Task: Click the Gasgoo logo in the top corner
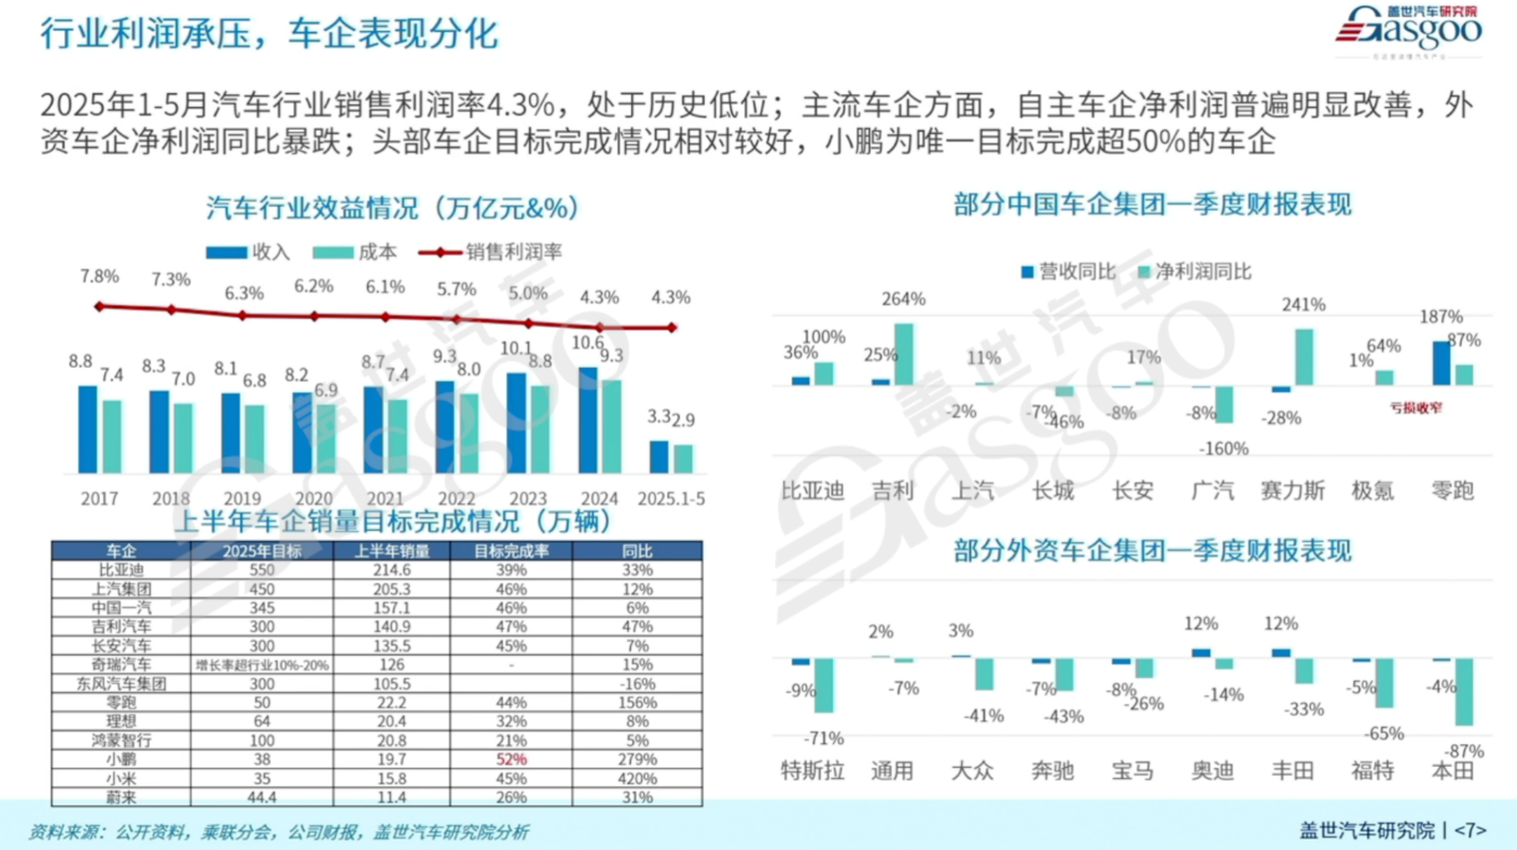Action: (1408, 30)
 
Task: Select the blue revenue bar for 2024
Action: (587, 421)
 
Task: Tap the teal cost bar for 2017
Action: (112, 437)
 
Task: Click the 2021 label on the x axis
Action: (385, 499)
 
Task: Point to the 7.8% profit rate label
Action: (99, 277)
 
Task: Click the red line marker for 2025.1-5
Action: (672, 327)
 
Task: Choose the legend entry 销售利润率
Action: (490, 252)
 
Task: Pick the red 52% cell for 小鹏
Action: (511, 759)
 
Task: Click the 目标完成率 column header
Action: (511, 551)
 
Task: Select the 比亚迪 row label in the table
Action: (120, 570)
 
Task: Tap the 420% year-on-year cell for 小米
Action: (637, 778)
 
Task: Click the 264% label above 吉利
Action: (903, 300)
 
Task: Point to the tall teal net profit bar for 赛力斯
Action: (1304, 357)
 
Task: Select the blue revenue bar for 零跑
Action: (1441, 363)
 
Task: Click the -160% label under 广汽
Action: (1223, 449)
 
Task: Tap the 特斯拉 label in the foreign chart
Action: (811, 770)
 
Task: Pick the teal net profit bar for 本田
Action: (1463, 692)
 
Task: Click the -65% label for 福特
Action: (1385, 733)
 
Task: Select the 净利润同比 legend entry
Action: (1194, 272)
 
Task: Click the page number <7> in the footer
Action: (1470, 831)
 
